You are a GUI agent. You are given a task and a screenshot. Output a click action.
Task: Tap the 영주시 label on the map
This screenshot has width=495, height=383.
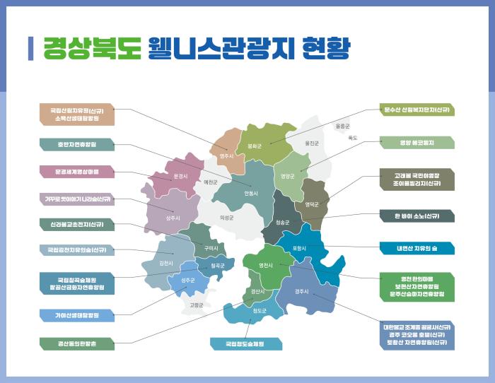[226, 155]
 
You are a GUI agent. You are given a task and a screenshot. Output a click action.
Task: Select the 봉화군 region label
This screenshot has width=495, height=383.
[255, 146]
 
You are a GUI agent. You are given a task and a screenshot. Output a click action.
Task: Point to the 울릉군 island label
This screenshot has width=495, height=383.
[343, 126]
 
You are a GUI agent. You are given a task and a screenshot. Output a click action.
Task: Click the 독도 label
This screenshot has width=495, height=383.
[353, 138]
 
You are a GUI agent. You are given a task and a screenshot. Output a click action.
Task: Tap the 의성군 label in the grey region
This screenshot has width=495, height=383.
[226, 218]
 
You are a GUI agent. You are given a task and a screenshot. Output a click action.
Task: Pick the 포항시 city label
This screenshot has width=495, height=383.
[299, 248]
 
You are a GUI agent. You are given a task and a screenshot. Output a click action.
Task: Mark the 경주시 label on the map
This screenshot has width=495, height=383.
[301, 290]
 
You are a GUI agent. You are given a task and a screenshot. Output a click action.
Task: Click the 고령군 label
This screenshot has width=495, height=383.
[196, 305]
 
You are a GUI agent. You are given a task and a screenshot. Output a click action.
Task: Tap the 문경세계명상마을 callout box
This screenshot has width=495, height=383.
[77, 171]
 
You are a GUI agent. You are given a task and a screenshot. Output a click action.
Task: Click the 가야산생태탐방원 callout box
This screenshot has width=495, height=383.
[77, 315]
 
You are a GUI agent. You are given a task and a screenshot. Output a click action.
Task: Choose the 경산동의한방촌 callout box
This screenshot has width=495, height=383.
[77, 343]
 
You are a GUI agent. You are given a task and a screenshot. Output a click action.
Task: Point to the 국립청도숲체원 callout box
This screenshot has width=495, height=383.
[245, 344]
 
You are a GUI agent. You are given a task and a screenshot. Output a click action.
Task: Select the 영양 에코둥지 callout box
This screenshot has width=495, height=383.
[417, 143]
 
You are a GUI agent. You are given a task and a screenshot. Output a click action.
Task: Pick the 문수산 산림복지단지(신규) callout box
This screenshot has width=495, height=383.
[417, 110]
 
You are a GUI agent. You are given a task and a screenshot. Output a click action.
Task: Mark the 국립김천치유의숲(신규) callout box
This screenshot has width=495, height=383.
[77, 249]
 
